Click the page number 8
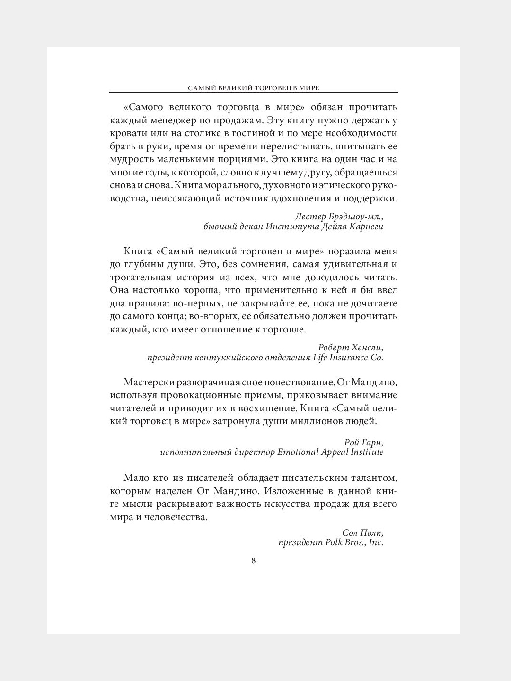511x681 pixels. (x=254, y=561)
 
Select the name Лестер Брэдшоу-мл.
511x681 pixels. (x=338, y=217)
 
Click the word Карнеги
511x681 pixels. (x=365, y=227)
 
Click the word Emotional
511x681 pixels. (x=300, y=453)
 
